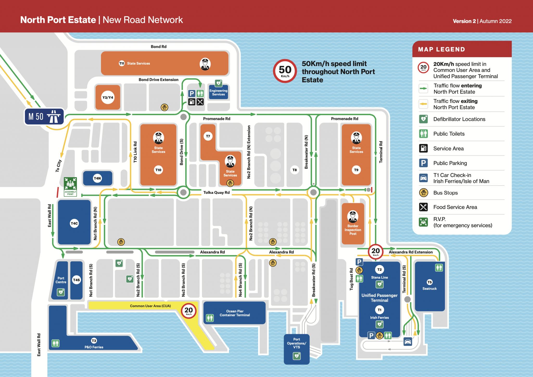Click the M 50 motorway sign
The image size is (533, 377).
44,116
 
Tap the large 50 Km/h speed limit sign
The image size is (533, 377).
285,71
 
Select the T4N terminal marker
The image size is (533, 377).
97,178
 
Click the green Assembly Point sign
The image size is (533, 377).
70,187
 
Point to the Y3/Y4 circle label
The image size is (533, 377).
108,97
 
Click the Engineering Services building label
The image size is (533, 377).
218,92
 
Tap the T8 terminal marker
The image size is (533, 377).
295,170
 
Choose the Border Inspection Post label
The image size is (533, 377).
353,230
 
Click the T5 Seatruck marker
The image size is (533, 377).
429,282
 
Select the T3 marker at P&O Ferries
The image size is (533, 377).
94,341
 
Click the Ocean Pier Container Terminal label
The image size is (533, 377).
235,313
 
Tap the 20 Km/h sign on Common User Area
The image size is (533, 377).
189,311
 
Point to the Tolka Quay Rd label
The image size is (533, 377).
216,193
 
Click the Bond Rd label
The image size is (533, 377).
158,47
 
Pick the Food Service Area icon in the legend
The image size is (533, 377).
423,207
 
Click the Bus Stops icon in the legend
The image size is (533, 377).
423,193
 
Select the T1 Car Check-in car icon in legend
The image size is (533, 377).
423,178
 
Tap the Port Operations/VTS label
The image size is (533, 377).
296,343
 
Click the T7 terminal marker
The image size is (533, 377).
208,136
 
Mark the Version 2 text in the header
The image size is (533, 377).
464,21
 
